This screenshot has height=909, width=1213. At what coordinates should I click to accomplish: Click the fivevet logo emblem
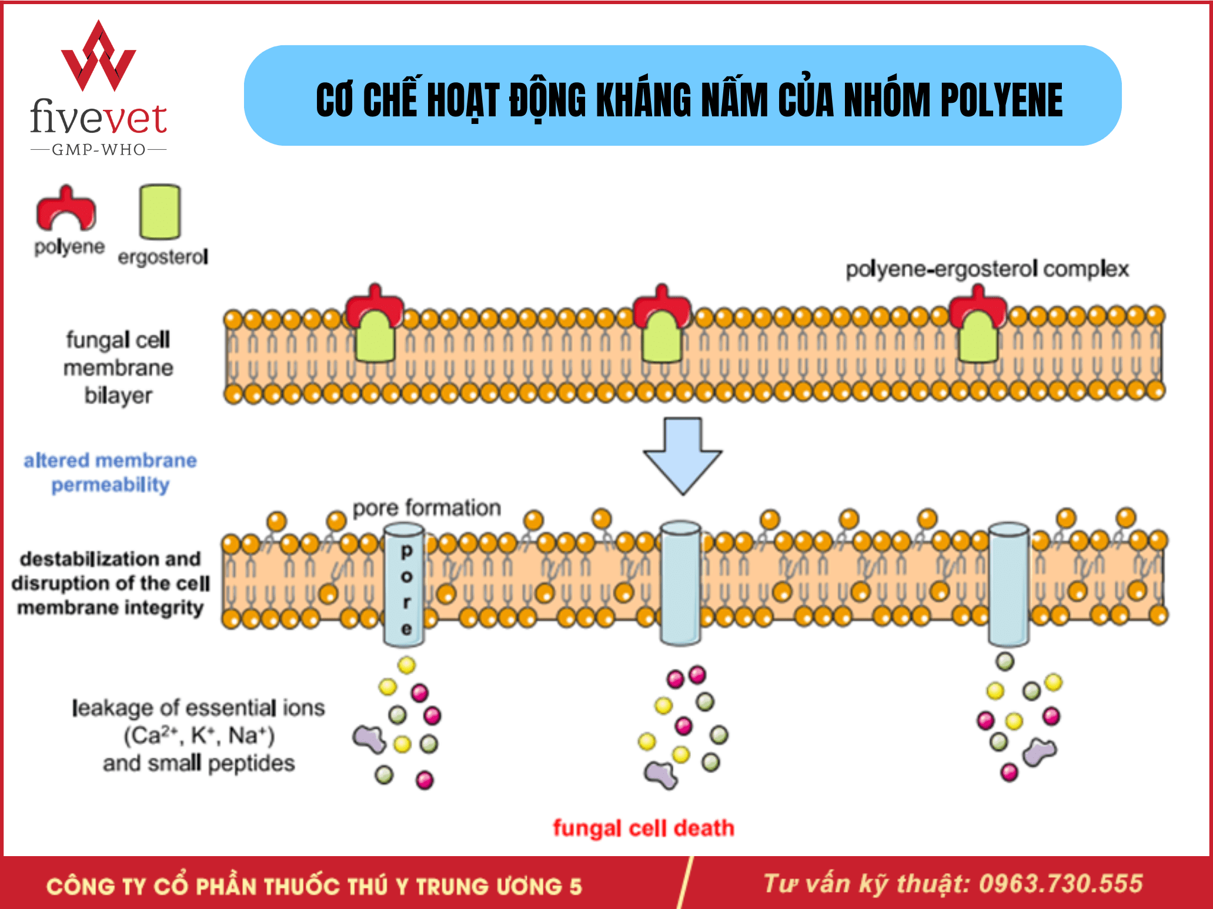(99, 58)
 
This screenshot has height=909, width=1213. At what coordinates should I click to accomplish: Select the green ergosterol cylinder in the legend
(159, 212)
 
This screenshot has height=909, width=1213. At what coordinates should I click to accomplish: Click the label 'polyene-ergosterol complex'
(987, 269)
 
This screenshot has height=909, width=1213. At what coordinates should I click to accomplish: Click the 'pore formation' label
(426, 508)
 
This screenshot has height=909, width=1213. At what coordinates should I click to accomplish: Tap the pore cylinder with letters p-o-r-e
(405, 585)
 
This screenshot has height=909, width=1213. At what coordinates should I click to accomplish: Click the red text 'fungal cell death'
(643, 828)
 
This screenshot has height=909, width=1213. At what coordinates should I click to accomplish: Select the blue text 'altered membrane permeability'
(110, 472)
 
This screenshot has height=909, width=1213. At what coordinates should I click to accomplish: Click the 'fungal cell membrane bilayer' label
(118, 368)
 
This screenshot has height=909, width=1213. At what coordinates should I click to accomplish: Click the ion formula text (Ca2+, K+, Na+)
(199, 736)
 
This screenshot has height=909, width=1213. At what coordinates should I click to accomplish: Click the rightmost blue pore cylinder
(1008, 584)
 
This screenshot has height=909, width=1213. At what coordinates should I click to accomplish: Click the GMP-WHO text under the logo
(99, 150)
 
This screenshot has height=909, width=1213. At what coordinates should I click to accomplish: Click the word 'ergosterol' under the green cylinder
(163, 257)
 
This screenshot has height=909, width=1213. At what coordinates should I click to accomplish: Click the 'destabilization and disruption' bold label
(110, 583)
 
